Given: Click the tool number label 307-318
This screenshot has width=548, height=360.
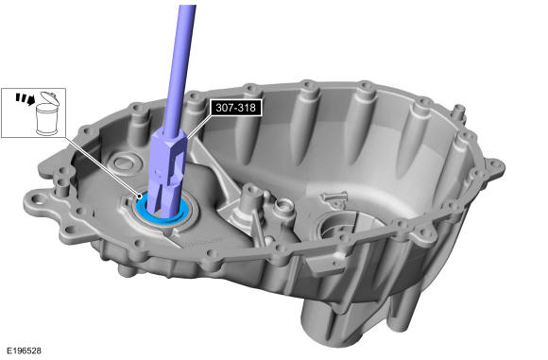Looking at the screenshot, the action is click(235, 108).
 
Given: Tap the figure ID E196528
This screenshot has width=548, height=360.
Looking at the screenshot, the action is click(25, 351).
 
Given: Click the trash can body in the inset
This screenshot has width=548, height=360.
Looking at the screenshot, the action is click(47, 120).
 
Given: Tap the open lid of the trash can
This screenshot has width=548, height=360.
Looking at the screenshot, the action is click(49, 97).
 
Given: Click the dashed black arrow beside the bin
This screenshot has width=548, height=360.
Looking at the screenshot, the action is click(26, 98).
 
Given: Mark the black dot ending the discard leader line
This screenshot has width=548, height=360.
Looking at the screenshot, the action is click(140, 197).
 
